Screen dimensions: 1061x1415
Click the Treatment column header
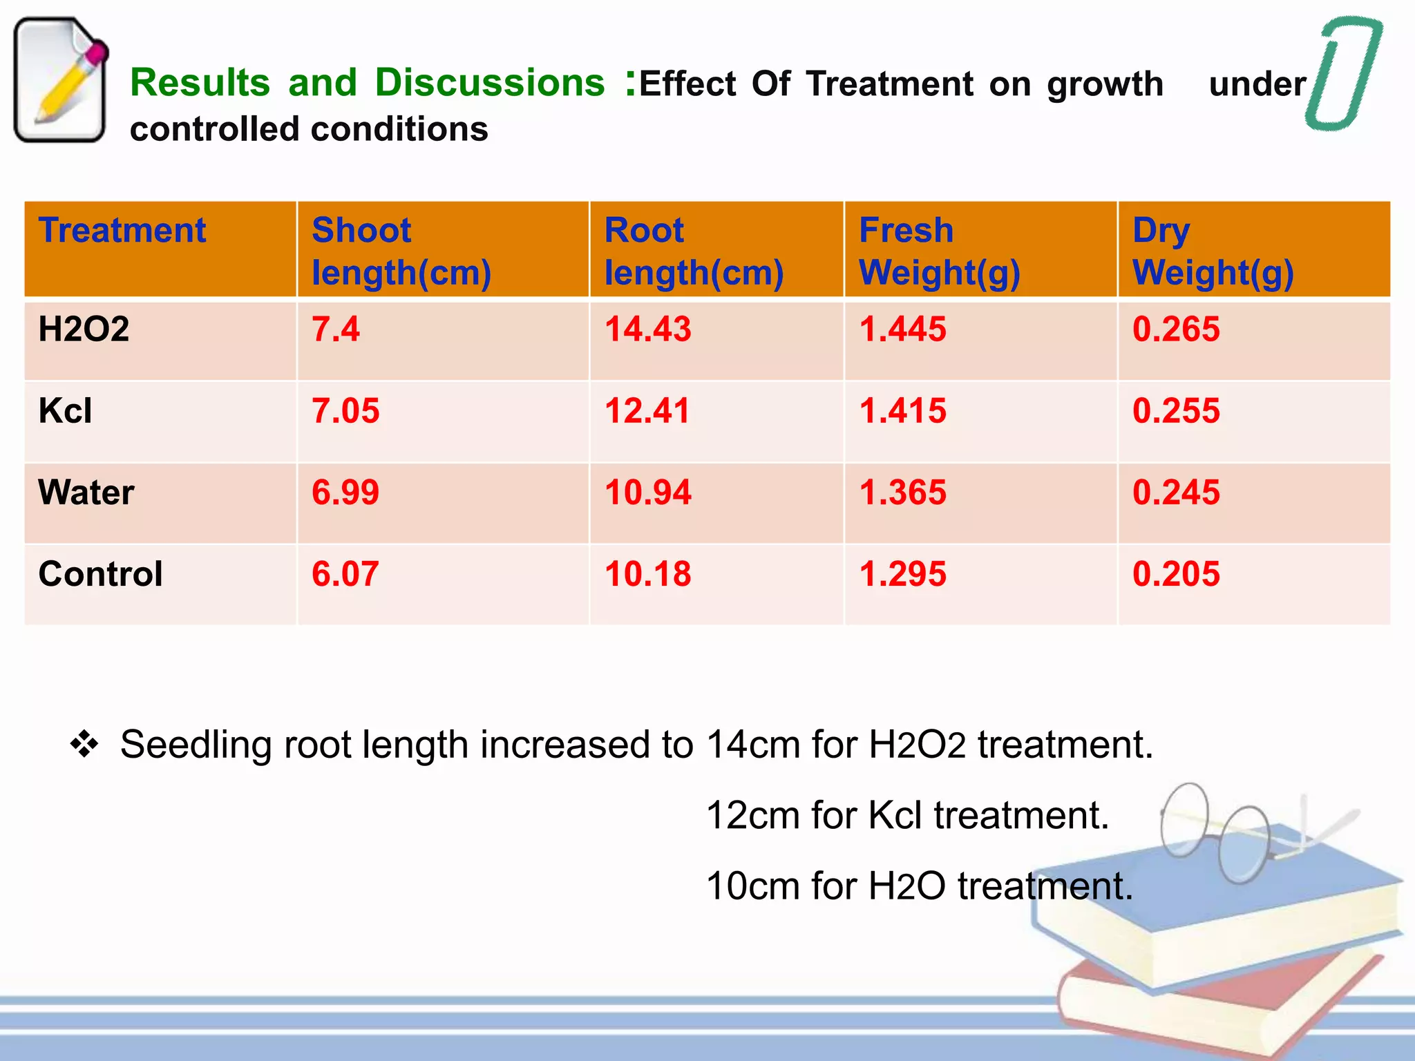pyautogui.click(x=122, y=231)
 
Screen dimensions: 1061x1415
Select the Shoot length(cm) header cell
pyautogui.click(x=401, y=251)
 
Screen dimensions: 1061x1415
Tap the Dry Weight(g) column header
pyautogui.click(x=1213, y=251)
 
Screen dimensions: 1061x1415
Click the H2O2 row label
pyautogui.click(x=84, y=329)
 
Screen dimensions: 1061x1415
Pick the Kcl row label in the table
pyautogui.click(x=65, y=411)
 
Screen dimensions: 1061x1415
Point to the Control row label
pyautogui.click(x=100, y=574)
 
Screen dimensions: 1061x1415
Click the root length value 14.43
pyautogui.click(x=647, y=329)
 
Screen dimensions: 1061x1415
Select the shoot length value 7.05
pyautogui.click(x=345, y=411)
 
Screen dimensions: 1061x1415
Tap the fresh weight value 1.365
pyautogui.click(x=902, y=493)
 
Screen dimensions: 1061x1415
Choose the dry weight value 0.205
pyautogui.click(x=1176, y=574)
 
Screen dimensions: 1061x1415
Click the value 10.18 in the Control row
pyautogui.click(x=647, y=574)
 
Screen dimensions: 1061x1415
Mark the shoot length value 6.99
pyautogui.click(x=345, y=493)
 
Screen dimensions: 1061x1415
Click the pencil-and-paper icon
pyautogui.click(x=61, y=79)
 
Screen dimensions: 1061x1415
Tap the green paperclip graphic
pyautogui.click(x=1344, y=73)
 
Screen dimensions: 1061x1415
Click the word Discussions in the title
pyautogui.click(x=490, y=83)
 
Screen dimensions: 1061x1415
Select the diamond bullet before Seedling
pyautogui.click(x=84, y=745)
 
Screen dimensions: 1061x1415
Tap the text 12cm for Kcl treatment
pyautogui.click(x=907, y=815)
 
